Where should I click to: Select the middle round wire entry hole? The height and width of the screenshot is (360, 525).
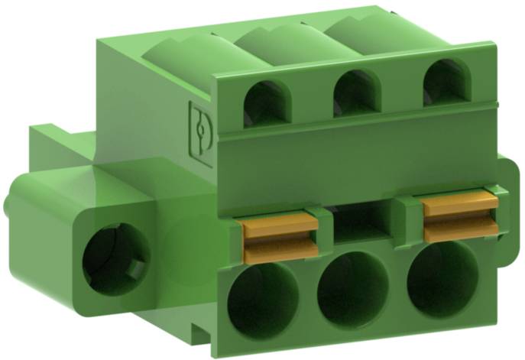pyautogui.click(x=352, y=288)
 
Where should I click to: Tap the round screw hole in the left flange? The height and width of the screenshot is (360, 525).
pyautogui.click(x=113, y=256)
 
